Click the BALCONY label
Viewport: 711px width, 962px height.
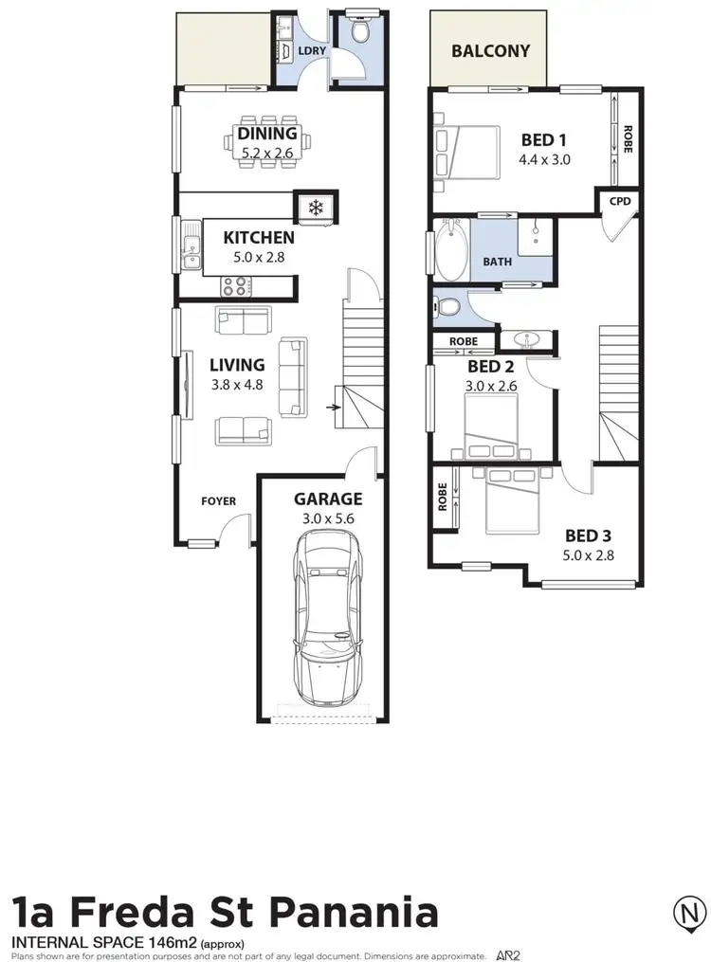490,50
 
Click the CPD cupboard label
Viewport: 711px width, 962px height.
619,201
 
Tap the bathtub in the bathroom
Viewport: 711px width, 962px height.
450,251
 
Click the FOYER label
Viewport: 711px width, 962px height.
218,501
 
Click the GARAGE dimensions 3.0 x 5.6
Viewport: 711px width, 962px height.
327,518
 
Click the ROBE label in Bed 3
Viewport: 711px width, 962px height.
442,499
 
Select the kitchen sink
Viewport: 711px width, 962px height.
191,252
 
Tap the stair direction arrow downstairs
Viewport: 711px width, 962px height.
332,408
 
